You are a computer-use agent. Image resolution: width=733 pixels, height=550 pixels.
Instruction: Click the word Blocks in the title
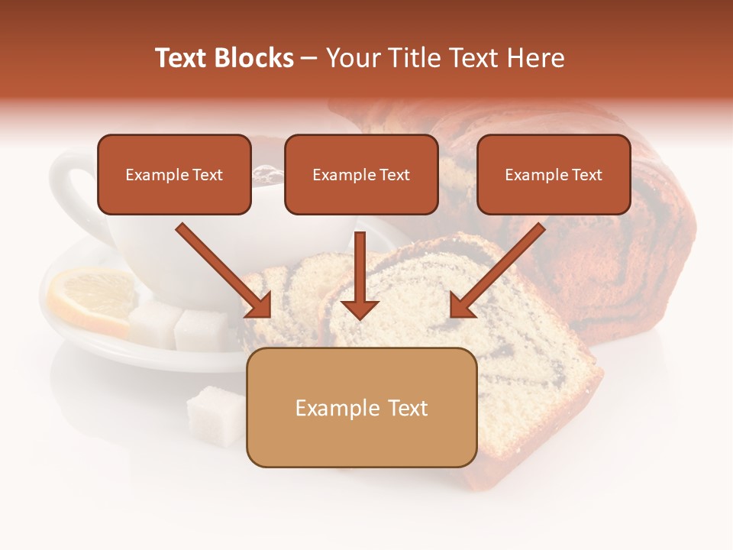(x=256, y=58)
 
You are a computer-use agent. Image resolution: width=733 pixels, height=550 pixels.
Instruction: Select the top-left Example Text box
(x=174, y=175)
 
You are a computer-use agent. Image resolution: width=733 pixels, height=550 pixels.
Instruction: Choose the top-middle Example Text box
(x=361, y=175)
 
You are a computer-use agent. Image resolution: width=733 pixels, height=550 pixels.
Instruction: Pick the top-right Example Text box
(x=554, y=175)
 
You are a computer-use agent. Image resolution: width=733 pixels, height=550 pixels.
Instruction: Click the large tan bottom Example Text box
(x=361, y=408)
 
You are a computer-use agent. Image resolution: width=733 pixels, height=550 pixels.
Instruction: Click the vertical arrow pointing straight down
(x=360, y=275)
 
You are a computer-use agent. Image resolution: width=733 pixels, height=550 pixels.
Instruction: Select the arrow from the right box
(x=497, y=270)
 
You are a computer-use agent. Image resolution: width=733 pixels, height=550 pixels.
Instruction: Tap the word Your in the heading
(x=350, y=58)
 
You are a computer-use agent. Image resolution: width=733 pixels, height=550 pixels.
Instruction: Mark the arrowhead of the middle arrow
(x=360, y=308)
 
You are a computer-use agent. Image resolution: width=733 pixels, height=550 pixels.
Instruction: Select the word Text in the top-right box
(x=586, y=175)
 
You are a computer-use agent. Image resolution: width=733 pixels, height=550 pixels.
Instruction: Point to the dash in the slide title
(x=309, y=58)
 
